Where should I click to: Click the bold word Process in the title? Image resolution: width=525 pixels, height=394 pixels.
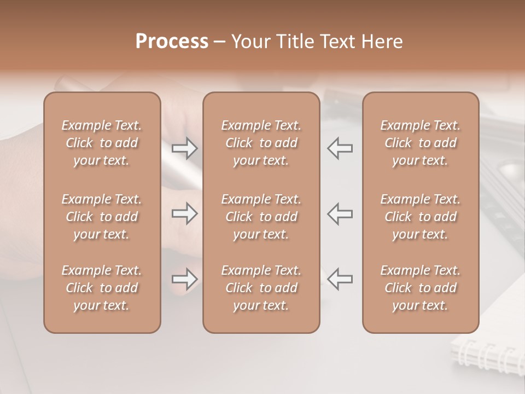pos(172,42)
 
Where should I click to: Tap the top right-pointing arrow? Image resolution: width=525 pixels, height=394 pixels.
pos(184,148)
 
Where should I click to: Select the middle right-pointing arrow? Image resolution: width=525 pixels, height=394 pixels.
pos(184,213)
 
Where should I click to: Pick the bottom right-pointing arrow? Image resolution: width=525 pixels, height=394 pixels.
pos(184,279)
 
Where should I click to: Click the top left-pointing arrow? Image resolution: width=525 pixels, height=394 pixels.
pos(340,148)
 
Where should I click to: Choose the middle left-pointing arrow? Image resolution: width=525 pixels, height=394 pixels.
pos(340,213)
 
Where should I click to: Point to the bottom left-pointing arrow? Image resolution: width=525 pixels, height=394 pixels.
pos(340,279)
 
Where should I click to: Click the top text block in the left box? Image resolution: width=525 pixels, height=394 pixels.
pos(102,143)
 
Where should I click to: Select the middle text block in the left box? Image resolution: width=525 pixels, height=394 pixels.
pos(102,217)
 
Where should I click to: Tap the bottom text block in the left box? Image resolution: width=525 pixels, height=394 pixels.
pos(102,288)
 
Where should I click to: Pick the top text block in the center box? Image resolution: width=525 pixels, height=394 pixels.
pos(261,143)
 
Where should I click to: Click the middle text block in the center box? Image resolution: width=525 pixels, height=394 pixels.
pos(261,217)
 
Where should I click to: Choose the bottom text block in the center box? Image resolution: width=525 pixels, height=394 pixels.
pos(261,288)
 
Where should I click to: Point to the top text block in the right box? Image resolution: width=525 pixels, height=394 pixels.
pos(420,143)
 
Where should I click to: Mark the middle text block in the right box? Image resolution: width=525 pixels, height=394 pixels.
pos(420,217)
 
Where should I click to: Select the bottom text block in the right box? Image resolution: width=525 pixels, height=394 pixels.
pos(420,288)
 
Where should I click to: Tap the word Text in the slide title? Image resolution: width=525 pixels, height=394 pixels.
pos(341,42)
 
